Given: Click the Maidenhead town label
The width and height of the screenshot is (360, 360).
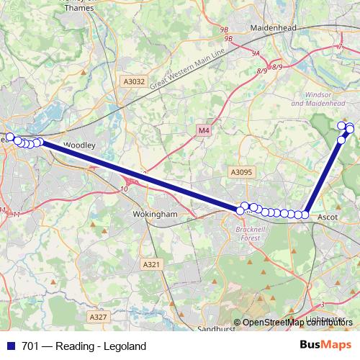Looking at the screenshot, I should coord(273,27).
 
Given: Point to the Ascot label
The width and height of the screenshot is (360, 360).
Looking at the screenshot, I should coord(328,215).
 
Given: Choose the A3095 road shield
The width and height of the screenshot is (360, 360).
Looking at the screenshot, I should coord(241,172).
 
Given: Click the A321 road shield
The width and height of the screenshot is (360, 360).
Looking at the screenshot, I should coord(151,265).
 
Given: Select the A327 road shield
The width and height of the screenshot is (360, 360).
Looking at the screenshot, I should coord(98,317).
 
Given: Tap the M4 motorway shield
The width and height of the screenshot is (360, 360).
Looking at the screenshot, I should coord(204,130).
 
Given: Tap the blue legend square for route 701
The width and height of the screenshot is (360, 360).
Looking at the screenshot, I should coord(10,346).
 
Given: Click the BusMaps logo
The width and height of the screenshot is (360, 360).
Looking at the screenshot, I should coord(326,346).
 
